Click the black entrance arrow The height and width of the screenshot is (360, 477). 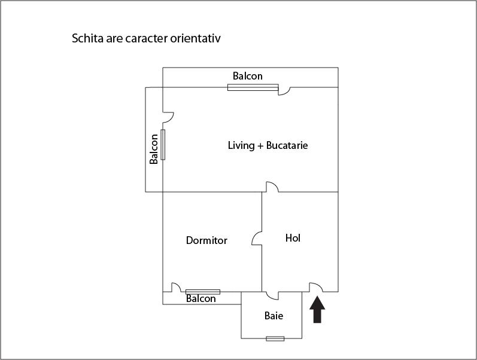317,310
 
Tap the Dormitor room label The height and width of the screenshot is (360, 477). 206,240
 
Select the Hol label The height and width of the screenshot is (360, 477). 293,238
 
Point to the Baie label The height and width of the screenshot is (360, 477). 274,316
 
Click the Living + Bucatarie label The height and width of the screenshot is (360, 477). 268,145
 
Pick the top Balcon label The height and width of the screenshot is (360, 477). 248,76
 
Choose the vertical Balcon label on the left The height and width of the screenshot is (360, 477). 154,149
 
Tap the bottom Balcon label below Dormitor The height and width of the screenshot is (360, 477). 200,298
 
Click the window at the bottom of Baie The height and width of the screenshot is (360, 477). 275,338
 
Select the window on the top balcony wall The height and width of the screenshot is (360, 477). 253,87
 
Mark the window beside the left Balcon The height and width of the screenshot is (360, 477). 163,145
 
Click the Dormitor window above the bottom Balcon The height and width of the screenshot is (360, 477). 203,292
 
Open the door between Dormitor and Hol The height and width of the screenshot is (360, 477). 257,238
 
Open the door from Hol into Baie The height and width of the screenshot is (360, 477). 272,295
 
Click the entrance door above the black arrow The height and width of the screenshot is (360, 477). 317,287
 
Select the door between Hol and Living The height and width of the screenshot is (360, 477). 272,187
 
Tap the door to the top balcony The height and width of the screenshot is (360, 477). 284,91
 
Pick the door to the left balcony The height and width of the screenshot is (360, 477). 168,117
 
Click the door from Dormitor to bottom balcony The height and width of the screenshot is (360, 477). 177,287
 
